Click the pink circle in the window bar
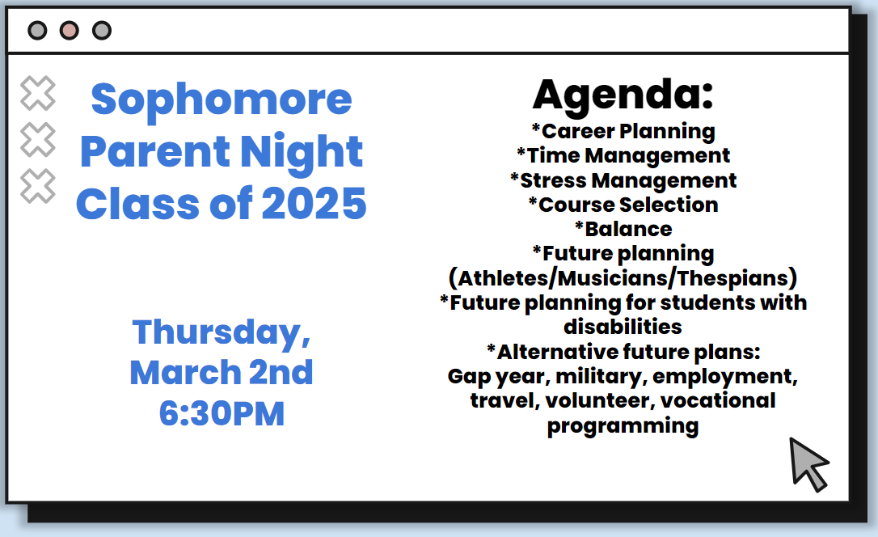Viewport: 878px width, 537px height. point(70,30)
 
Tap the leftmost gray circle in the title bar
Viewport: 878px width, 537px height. point(37,30)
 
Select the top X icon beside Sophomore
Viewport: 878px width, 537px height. point(38,93)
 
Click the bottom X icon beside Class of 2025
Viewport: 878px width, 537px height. point(38,186)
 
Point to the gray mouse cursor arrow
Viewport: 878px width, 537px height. point(808,463)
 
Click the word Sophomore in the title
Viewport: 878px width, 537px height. point(222,99)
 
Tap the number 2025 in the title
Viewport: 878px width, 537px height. point(314,204)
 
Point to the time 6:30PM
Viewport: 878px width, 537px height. point(222,414)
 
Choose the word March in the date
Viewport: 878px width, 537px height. point(185,373)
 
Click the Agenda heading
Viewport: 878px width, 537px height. point(623,95)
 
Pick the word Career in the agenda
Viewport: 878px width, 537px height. point(578,132)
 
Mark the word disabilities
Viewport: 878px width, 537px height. point(623,327)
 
